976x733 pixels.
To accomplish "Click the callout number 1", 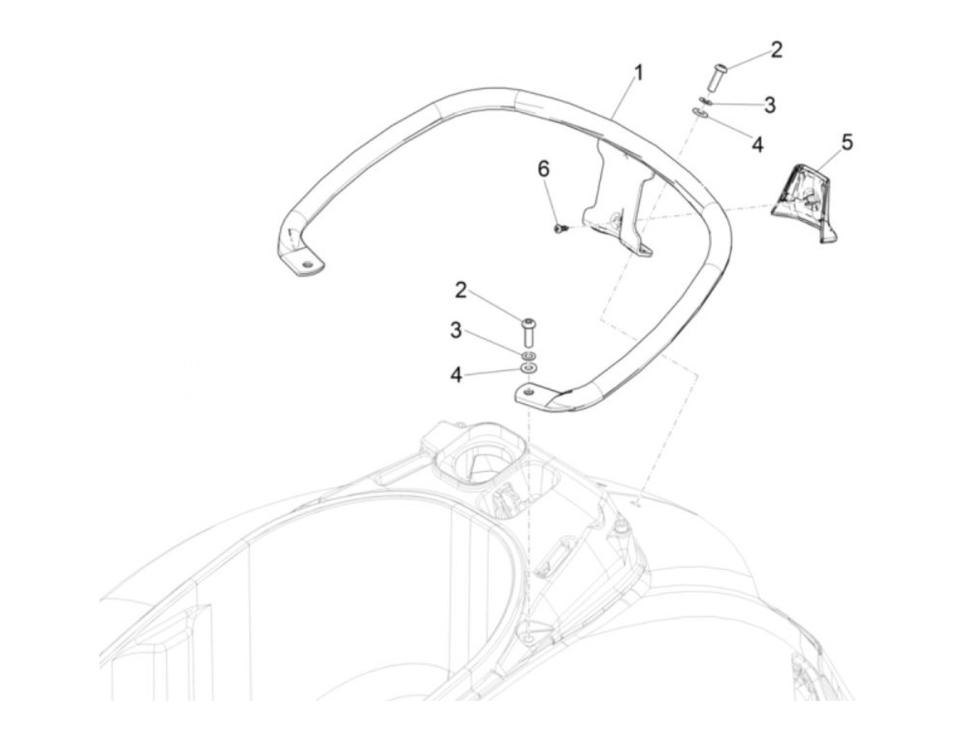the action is click(x=638, y=72).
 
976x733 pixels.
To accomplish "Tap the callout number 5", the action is click(x=846, y=142).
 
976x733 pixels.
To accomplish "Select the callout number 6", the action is click(x=543, y=169).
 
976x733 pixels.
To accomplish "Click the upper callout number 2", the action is click(x=776, y=49).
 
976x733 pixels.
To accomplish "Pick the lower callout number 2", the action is click(x=461, y=290).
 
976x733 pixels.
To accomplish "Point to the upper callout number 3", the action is click(x=769, y=105).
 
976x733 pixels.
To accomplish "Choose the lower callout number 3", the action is click(x=455, y=330).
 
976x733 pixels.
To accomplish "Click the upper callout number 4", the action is click(x=757, y=144).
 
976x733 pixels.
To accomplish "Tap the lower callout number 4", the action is click(x=456, y=375).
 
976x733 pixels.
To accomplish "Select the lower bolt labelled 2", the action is click(x=529, y=333).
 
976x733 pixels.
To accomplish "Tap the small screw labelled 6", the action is click(x=559, y=228).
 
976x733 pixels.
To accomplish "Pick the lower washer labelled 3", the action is click(x=529, y=355).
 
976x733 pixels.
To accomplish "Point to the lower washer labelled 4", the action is click(x=529, y=368).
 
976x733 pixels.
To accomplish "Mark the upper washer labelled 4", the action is click(x=699, y=113).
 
